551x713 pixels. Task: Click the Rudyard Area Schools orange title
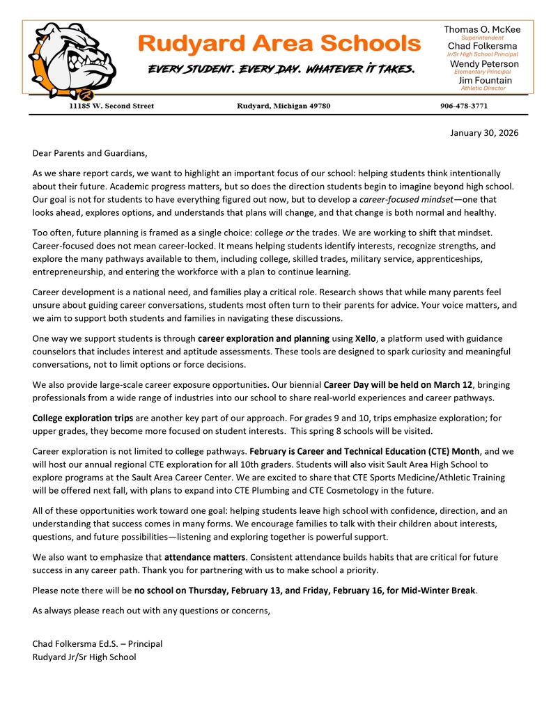coord(279,44)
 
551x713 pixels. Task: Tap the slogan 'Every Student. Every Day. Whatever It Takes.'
coord(281,70)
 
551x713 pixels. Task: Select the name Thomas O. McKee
coord(482,29)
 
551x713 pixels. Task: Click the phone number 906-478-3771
coord(464,106)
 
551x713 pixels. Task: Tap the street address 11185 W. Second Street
coord(111,106)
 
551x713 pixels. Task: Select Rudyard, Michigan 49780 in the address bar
coord(284,106)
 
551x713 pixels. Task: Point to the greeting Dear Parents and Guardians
coord(91,152)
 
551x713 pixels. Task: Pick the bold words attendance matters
coord(205,557)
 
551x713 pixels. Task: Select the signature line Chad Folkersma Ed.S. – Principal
coord(98,644)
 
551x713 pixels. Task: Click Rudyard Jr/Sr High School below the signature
coord(84,657)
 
